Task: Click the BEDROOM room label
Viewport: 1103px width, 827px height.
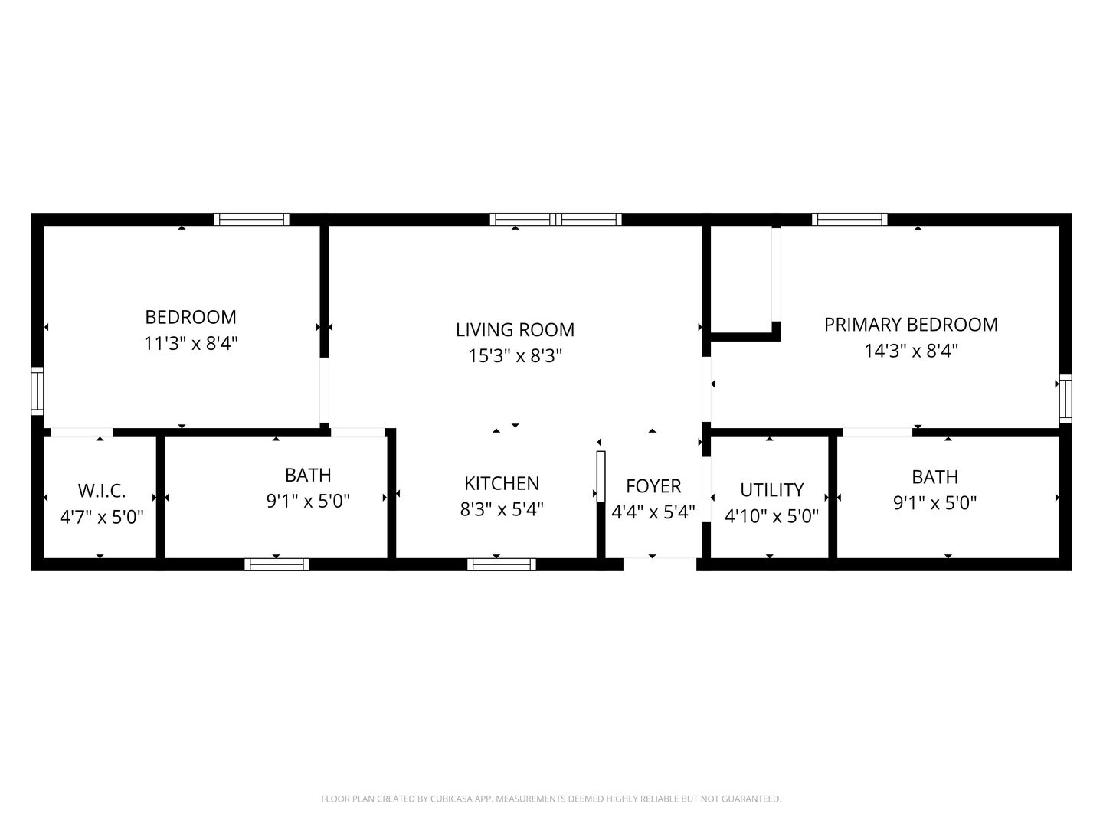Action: point(191,317)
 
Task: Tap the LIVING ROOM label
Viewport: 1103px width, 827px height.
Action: point(515,330)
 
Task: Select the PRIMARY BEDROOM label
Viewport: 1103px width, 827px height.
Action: point(911,325)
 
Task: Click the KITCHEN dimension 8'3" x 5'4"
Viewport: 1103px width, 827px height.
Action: point(502,509)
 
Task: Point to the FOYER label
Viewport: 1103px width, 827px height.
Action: point(653,486)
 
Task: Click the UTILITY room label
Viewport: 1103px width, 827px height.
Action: point(771,490)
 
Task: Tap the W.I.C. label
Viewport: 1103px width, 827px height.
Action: point(102,491)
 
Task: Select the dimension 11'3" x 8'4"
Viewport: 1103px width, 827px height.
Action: point(191,343)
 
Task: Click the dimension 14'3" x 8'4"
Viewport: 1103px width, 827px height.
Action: point(911,351)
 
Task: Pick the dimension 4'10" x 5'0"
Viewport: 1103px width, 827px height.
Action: point(771,516)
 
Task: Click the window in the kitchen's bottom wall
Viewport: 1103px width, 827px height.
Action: point(502,565)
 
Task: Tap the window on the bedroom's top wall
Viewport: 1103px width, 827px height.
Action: point(251,219)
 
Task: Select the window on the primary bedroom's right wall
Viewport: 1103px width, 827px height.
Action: point(1065,399)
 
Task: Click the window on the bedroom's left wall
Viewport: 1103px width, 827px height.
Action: point(37,391)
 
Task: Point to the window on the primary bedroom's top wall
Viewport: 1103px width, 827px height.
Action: point(849,219)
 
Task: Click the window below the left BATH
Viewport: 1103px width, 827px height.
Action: point(277,565)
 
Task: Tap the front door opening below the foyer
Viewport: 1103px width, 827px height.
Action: point(660,564)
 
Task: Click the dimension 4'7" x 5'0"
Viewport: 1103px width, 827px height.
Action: point(102,517)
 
